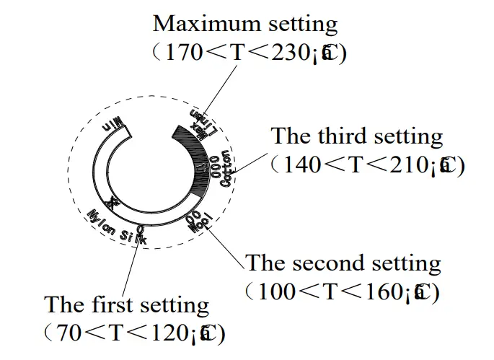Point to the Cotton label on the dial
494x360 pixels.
coord(226,169)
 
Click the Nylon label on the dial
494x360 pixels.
coord(101,219)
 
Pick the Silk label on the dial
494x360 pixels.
coord(133,236)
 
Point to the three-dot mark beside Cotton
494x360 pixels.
coord(215,167)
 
